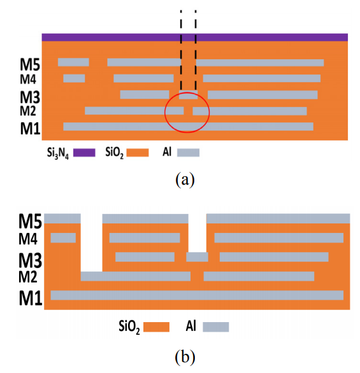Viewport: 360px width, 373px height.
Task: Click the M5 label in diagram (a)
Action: (x=30, y=64)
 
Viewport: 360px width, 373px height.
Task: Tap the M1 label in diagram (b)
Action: (x=31, y=298)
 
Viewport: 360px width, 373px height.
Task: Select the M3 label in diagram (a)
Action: (x=30, y=97)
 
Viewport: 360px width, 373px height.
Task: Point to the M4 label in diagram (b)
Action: (x=28, y=239)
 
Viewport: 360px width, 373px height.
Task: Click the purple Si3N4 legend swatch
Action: (x=84, y=153)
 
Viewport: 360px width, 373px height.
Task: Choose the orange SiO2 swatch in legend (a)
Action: (x=138, y=153)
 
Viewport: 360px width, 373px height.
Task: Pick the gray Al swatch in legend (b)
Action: (x=216, y=327)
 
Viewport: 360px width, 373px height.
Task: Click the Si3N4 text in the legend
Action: (x=58, y=153)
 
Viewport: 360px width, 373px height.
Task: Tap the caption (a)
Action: (x=185, y=179)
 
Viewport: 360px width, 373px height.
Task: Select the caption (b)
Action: (x=185, y=357)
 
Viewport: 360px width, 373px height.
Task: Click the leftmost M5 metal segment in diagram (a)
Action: (x=73, y=62)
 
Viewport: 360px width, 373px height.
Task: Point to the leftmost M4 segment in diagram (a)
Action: (x=74, y=78)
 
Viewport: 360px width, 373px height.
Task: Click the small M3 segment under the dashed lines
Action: (x=189, y=95)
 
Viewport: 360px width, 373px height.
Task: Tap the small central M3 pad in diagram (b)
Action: (x=197, y=257)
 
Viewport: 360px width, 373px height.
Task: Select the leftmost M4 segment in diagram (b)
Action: (x=63, y=237)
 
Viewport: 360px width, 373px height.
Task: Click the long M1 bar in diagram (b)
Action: (x=197, y=295)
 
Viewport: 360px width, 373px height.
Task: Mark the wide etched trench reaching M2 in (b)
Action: (x=92, y=243)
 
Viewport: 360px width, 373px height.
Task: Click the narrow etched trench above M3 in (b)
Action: (x=198, y=233)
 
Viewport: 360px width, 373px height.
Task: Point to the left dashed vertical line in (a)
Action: (x=181, y=50)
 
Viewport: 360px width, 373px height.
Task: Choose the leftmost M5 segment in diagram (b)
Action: (x=62, y=218)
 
